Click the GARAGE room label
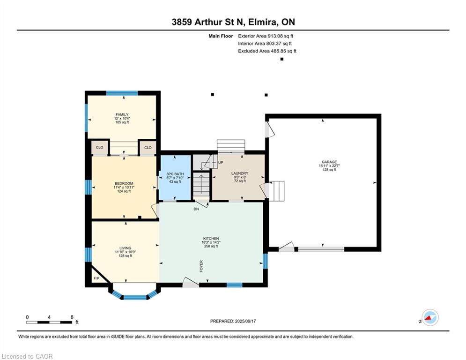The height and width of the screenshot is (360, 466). (x=329, y=162)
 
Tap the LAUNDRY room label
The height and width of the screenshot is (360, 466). (x=239, y=173)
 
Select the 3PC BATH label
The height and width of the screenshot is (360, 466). (x=175, y=174)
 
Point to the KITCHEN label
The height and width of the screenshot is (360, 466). (x=211, y=239)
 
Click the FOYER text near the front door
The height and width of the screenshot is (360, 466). (x=201, y=267)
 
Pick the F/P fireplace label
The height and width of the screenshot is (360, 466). (x=96, y=278)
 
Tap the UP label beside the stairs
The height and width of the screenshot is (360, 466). (x=221, y=163)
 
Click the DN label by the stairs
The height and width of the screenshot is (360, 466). (x=196, y=209)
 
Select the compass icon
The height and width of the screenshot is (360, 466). (x=430, y=318)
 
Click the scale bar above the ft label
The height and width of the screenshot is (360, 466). (x=49, y=322)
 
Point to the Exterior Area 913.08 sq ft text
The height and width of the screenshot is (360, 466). (x=266, y=36)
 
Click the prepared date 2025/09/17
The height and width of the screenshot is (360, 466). (x=245, y=321)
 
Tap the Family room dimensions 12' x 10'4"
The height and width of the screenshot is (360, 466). (x=122, y=119)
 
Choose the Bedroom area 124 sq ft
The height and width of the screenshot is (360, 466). (x=124, y=191)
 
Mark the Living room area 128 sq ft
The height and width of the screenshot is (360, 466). (x=126, y=256)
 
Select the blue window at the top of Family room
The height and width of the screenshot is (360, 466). (x=122, y=93)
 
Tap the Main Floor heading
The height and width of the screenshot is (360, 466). (x=221, y=36)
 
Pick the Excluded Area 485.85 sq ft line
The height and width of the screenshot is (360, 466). (x=267, y=51)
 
